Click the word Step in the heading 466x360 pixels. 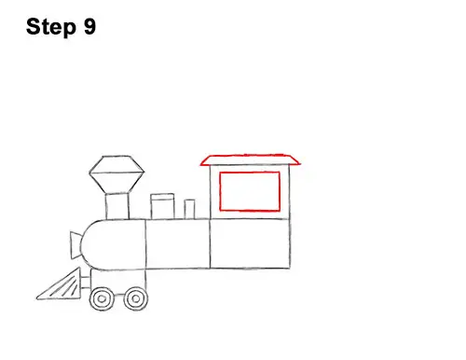[x=51, y=27]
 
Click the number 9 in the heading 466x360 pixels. [x=89, y=26]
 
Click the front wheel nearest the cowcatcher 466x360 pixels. [x=102, y=298]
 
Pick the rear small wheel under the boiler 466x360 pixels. [x=136, y=298]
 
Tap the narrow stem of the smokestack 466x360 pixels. [x=117, y=206]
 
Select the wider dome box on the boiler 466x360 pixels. [x=162, y=206]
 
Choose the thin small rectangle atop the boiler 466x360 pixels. [x=189, y=209]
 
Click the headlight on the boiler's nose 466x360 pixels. [x=75, y=245]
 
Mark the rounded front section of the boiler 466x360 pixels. [x=114, y=244]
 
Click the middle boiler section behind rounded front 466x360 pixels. [x=178, y=244]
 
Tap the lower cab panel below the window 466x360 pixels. [x=250, y=243]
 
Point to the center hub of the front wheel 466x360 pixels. [x=102, y=299]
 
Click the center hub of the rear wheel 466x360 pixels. [x=136, y=299]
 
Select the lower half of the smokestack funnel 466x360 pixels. [x=116, y=183]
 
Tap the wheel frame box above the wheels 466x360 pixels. [x=118, y=280]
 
